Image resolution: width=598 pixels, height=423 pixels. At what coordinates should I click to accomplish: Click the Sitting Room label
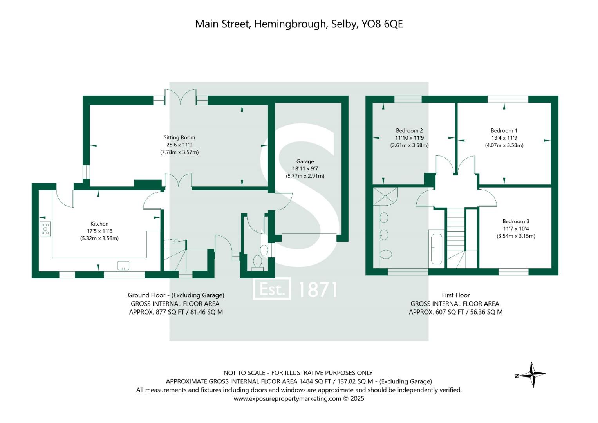point(179,137)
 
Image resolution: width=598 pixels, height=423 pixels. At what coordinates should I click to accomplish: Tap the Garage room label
point(305,161)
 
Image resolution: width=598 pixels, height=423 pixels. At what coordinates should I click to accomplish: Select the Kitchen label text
point(99,224)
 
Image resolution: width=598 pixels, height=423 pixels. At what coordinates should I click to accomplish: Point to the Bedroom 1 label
point(504,130)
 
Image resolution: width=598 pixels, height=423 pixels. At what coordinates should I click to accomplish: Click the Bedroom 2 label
point(409,130)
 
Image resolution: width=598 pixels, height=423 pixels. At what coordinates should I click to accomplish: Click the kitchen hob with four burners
point(45,228)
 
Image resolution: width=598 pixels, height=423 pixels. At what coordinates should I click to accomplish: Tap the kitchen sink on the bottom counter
point(123,266)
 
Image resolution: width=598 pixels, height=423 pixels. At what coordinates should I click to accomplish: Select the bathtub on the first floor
point(436,249)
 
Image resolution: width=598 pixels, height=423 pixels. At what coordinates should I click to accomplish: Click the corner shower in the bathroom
point(385,196)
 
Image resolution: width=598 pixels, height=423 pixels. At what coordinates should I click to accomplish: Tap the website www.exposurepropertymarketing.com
point(287,399)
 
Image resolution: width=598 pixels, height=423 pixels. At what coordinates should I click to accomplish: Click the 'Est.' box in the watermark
point(272,290)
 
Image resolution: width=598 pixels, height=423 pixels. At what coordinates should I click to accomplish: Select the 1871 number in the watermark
point(318,290)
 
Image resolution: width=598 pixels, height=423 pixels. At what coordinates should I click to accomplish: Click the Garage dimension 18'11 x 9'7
point(305,169)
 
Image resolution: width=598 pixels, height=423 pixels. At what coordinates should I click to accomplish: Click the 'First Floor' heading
point(455,295)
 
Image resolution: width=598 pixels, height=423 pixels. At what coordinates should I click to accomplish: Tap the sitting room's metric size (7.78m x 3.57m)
point(179,152)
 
